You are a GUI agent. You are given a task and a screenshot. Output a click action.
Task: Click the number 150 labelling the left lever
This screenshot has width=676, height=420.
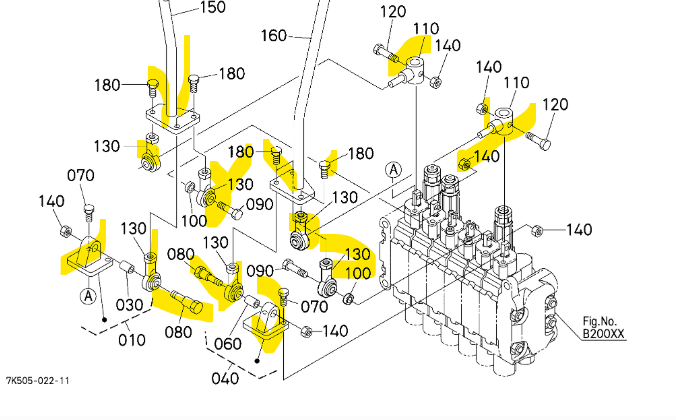pos(213,8)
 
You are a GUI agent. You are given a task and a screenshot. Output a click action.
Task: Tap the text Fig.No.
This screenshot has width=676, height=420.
pos(605,320)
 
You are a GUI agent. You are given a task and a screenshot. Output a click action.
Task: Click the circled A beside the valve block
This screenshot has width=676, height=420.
pos(395,169)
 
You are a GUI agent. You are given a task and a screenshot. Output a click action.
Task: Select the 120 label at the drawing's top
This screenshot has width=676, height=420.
pos(393,12)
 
